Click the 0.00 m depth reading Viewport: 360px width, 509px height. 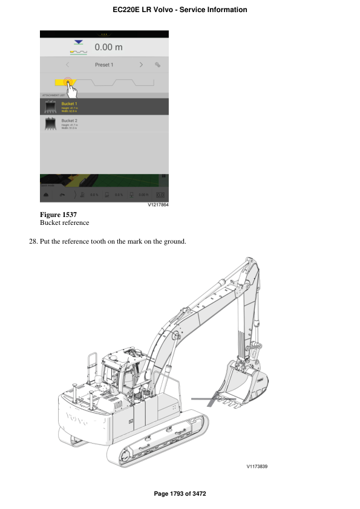(x=108, y=47)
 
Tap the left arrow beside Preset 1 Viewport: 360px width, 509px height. (x=67, y=64)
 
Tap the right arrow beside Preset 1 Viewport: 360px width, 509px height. (x=141, y=64)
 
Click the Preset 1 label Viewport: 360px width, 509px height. (x=104, y=64)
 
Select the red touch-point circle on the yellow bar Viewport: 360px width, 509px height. (x=68, y=82)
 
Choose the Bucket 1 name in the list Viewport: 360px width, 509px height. (x=70, y=104)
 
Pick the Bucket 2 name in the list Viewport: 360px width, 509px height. (x=70, y=121)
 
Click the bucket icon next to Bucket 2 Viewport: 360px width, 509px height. (x=51, y=123)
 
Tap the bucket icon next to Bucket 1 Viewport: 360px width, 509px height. (x=51, y=107)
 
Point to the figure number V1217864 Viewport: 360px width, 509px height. (x=158, y=206)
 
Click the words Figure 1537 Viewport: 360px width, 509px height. (x=58, y=215)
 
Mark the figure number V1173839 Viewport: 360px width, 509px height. (x=257, y=467)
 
